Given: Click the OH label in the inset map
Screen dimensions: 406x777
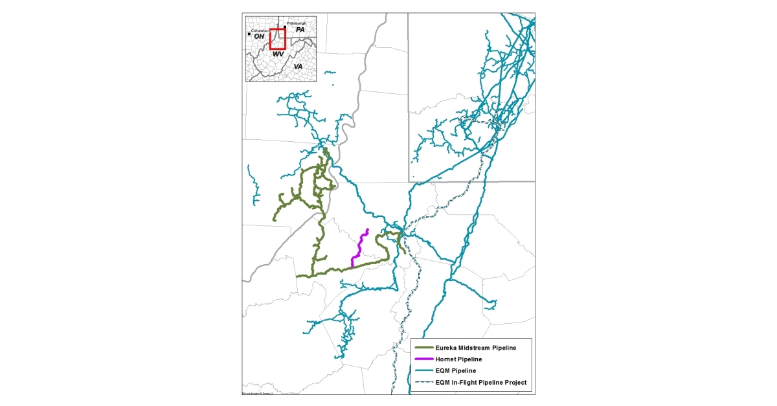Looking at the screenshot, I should pyautogui.click(x=259, y=36).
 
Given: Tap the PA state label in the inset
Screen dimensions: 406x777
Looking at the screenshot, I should pyautogui.click(x=300, y=30).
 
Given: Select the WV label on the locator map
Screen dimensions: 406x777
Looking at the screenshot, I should pyautogui.click(x=278, y=54).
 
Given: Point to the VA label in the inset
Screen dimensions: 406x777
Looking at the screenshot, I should pyautogui.click(x=298, y=67).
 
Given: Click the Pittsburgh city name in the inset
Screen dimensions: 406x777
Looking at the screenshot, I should pyautogui.click(x=296, y=23).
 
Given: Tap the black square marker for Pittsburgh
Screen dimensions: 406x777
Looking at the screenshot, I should pyautogui.click(x=284, y=27).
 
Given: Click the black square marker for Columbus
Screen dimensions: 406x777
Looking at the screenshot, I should pyautogui.click(x=249, y=33).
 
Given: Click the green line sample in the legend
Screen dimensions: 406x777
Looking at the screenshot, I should pyautogui.click(x=425, y=348).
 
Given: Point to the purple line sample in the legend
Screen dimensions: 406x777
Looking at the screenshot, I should pyautogui.click(x=425, y=359).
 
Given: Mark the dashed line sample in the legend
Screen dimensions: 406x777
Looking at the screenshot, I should pyautogui.click(x=425, y=382).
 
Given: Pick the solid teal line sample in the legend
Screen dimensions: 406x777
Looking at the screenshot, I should pyautogui.click(x=425, y=370).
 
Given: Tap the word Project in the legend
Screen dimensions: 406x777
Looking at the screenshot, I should pyautogui.click(x=514, y=382).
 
